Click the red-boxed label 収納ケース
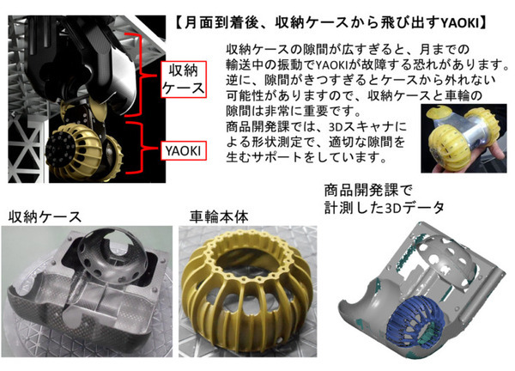184,79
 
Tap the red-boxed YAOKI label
184,151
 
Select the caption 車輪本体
219,217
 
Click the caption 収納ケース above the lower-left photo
45,217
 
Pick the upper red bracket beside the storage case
140,75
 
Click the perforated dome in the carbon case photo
112,252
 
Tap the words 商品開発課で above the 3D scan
368,191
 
